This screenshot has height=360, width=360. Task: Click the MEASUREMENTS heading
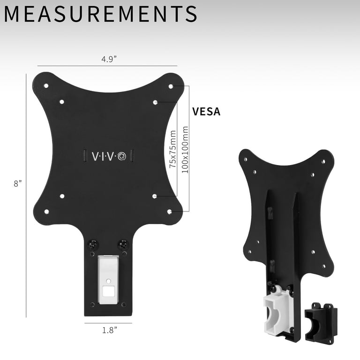[101, 14]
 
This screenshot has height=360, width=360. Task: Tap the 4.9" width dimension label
[109, 59]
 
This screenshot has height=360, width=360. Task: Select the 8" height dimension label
[18, 183]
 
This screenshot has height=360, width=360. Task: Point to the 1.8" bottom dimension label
[110, 330]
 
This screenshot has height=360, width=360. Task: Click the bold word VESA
[206, 112]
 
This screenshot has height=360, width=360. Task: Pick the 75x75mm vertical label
[172, 149]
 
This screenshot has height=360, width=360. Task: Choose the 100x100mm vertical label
[185, 150]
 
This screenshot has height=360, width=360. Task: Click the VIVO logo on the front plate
[109, 157]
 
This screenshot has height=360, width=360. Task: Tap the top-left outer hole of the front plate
[46, 86]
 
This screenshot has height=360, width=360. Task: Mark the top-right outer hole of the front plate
[171, 86]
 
